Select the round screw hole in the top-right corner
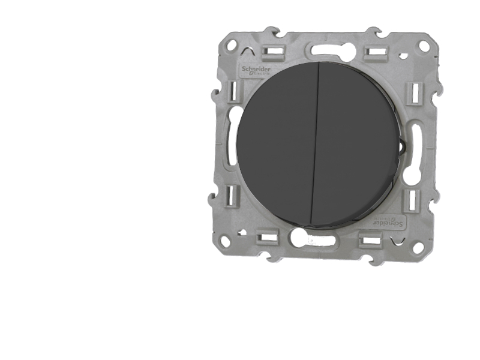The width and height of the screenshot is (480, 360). [424, 46]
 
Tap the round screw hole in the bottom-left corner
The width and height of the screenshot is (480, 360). [225, 241]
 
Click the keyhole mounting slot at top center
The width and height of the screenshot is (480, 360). [327, 50]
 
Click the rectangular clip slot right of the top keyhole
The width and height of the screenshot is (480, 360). [376, 53]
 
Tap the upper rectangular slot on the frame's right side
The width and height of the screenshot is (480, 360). [414, 94]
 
